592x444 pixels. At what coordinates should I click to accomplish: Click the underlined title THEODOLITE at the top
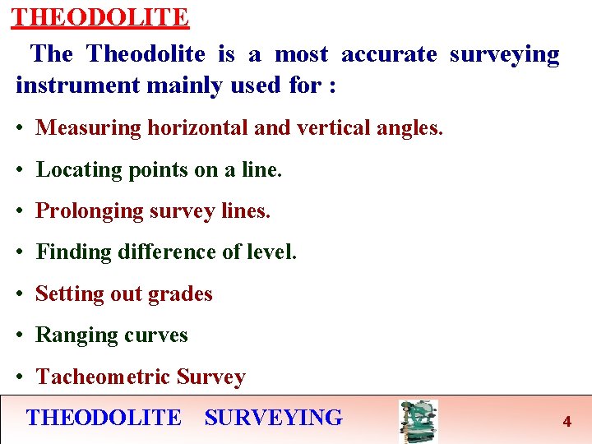point(100,16)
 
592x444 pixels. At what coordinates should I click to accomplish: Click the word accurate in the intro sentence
point(389,54)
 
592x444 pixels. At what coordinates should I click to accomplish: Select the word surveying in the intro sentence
point(504,55)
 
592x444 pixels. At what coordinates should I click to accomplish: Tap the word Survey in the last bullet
point(210,377)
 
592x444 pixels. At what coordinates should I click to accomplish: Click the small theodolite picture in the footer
point(418,421)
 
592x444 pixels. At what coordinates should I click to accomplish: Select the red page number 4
point(567,422)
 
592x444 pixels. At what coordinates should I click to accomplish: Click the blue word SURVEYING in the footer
point(273,418)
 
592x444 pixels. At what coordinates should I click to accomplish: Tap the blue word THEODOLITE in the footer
point(104,418)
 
